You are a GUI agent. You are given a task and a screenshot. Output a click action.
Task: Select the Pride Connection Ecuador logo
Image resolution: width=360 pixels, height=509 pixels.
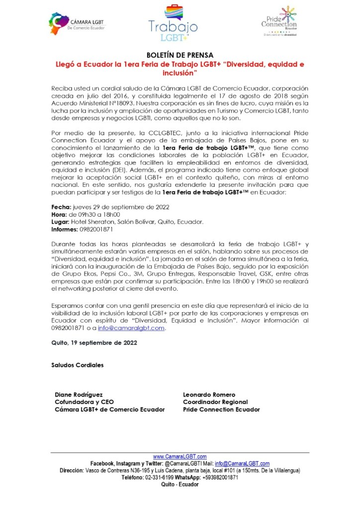coord(279,22)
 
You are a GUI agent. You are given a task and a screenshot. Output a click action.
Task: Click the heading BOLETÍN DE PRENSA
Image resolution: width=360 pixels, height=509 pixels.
coord(180,56)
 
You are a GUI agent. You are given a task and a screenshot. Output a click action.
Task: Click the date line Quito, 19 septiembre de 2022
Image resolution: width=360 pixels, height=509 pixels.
coord(94,342)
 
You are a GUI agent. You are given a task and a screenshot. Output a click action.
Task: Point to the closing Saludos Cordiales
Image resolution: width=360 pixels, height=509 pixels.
coord(78,365)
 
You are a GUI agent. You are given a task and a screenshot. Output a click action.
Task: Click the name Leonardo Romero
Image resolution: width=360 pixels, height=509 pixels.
coord(209,394)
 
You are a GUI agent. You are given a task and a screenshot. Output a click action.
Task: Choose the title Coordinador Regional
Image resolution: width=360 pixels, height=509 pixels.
coord(215,402)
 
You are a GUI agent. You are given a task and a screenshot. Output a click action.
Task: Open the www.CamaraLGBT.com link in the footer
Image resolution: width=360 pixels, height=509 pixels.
coord(180,456)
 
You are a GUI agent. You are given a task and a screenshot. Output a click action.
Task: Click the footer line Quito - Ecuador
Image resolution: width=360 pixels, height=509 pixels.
coord(180,484)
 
